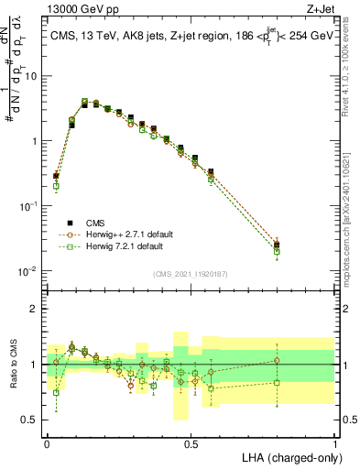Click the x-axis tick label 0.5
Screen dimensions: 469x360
point(191,442)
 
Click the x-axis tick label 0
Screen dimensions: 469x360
point(48,442)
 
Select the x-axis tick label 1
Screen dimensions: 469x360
point(334,442)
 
